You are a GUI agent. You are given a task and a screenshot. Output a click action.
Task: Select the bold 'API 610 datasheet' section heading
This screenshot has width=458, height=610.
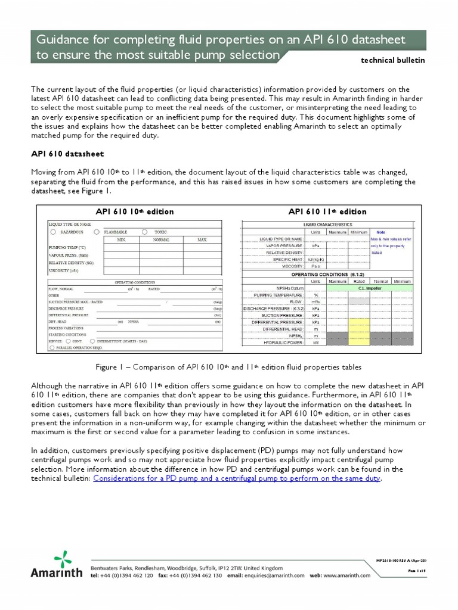coord(67,153)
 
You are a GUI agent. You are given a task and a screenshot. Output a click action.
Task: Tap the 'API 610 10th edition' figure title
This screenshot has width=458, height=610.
coord(135,211)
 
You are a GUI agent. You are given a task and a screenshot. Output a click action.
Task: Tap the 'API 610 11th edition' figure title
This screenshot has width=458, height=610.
coord(327,211)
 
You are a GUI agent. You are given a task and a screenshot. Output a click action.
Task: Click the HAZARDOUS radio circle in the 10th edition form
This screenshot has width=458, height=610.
coord(54,231)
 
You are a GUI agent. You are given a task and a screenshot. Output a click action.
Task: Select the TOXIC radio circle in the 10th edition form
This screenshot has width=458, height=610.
coord(145,231)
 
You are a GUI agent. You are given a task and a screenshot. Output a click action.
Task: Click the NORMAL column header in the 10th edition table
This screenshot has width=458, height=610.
coord(161,239)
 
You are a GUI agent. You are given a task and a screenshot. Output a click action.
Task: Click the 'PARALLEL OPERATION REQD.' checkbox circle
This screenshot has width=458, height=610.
coord(52,347)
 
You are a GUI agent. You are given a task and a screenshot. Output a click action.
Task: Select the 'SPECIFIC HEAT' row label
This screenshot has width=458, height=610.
coord(285,259)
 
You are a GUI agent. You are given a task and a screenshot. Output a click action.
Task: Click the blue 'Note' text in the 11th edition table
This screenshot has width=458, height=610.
coord(380,232)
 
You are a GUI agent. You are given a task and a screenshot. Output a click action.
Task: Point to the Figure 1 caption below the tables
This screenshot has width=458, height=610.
coord(228,367)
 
